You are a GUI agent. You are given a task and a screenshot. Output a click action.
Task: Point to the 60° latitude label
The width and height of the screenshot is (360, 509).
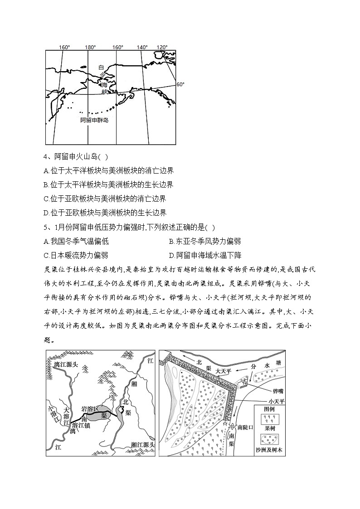coord(180,84)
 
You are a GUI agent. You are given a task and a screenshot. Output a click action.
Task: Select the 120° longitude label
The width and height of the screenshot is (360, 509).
coord(162,47)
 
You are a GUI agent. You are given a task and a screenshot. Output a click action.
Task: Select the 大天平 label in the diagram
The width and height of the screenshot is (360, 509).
coord(224,370)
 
